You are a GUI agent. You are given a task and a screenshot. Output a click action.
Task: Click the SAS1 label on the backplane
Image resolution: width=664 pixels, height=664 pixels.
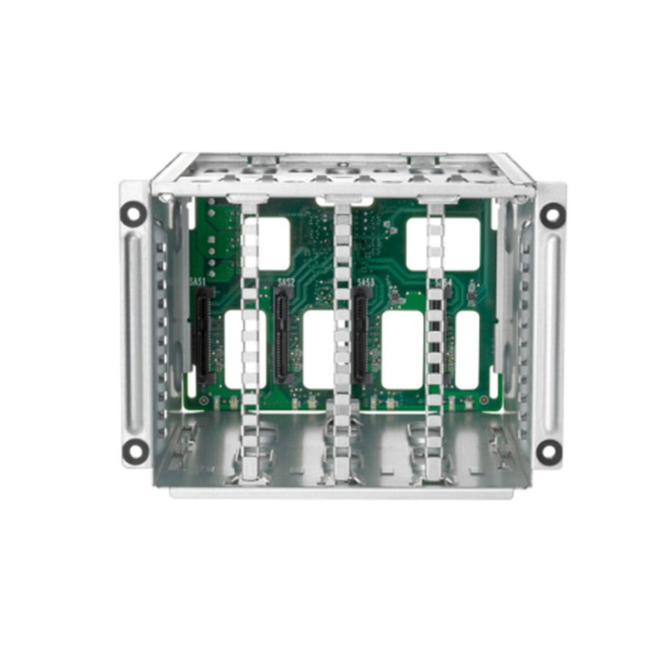197,283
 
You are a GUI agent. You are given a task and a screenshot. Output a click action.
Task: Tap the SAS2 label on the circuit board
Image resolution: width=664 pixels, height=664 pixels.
285,283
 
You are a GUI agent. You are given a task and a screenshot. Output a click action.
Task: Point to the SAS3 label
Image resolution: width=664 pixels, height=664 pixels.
365,283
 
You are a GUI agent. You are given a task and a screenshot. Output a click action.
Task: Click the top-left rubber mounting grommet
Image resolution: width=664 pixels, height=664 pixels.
135,213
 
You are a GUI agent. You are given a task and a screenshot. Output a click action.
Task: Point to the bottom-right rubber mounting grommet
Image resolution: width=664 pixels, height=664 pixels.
548,452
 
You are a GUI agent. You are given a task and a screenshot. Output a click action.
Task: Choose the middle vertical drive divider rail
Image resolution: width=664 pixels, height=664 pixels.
340,341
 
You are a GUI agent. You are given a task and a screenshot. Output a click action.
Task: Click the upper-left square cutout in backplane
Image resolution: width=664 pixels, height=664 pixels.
272,244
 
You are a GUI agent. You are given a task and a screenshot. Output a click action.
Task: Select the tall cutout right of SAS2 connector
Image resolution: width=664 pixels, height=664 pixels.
318,349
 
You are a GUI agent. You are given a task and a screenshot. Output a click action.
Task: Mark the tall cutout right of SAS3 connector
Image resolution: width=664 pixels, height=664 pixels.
401,349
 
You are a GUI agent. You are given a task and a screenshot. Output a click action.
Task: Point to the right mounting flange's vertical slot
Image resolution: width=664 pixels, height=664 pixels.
551,332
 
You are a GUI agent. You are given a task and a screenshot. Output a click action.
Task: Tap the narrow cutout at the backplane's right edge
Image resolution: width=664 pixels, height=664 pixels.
467,349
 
